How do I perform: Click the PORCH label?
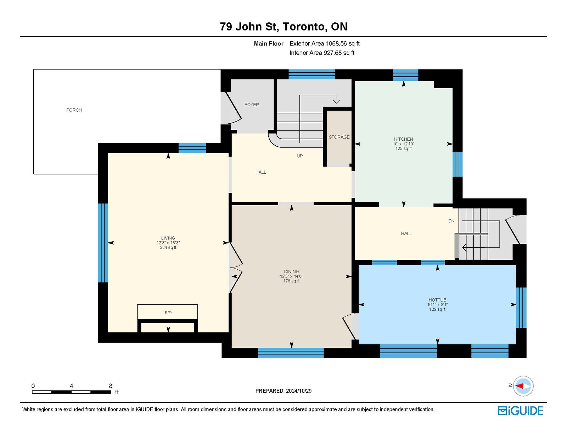click(74, 110)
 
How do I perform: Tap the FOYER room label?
click(252, 105)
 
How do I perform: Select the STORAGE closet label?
click(339, 137)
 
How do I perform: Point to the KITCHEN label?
click(403, 139)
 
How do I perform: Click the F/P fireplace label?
click(168, 313)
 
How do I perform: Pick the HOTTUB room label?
click(437, 300)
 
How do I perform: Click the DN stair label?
click(451, 221)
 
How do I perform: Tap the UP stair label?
click(299, 156)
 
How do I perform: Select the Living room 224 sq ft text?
click(168, 247)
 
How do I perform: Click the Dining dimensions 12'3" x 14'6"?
click(291, 276)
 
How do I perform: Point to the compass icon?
click(523, 386)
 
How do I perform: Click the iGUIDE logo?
click(520, 411)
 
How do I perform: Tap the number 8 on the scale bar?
click(111, 386)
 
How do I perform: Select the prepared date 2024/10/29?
click(298, 391)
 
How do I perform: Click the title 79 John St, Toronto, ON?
click(283, 26)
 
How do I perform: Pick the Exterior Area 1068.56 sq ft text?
click(324, 44)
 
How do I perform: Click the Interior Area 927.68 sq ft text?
click(322, 53)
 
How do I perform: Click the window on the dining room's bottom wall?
click(291, 353)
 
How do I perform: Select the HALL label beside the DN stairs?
click(406, 234)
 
